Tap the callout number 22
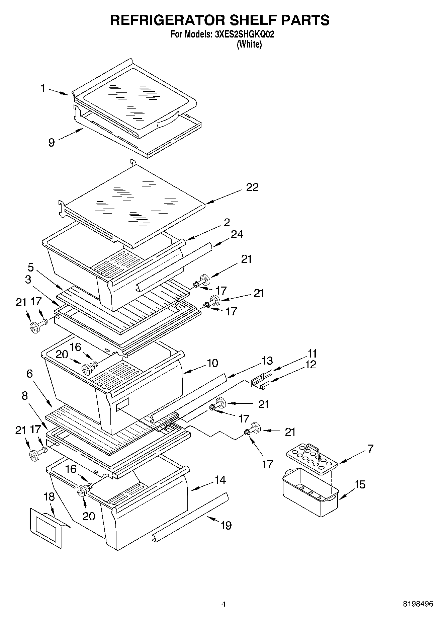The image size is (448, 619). [252, 187]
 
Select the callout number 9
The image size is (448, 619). [52, 143]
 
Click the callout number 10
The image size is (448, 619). [212, 363]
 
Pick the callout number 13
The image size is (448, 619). [267, 361]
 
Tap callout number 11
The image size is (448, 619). [312, 354]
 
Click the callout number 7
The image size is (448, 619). [370, 449]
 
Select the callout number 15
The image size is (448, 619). [360, 484]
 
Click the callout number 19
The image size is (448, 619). [226, 526]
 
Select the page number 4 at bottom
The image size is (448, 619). [223, 604]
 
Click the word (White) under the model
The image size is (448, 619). [249, 44]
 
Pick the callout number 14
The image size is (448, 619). [220, 480]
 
